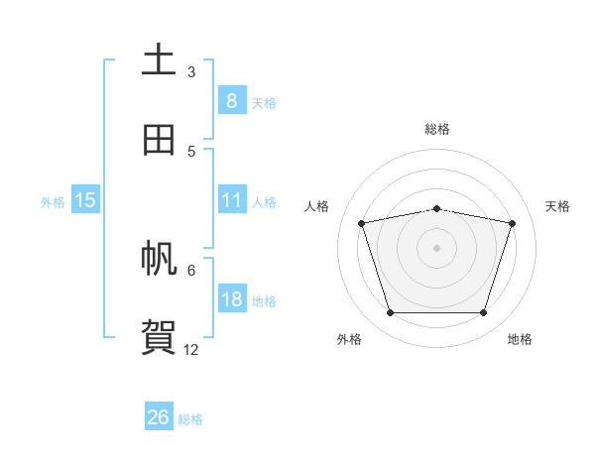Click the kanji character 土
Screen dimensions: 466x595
(x=159, y=59)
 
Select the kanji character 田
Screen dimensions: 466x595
(x=159, y=140)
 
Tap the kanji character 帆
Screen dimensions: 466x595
(x=159, y=260)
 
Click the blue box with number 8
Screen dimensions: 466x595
(x=231, y=100)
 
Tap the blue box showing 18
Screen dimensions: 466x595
(x=231, y=299)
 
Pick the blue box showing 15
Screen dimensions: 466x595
(x=85, y=200)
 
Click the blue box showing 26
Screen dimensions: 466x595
(x=159, y=417)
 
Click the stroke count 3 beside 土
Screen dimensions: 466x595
(x=191, y=72)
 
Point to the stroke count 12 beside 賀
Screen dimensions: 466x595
(x=191, y=350)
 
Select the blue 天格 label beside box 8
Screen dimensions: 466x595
(x=264, y=102)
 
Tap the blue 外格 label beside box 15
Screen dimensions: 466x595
(x=53, y=202)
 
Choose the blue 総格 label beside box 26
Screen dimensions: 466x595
(x=190, y=419)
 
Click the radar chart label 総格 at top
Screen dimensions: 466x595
(x=436, y=129)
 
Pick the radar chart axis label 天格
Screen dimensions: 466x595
(x=558, y=206)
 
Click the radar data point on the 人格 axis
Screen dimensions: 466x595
(x=362, y=223)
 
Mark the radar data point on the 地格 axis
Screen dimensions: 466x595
(x=483, y=312)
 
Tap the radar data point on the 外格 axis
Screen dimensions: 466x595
(x=390, y=312)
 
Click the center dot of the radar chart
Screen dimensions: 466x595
(x=436, y=247)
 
